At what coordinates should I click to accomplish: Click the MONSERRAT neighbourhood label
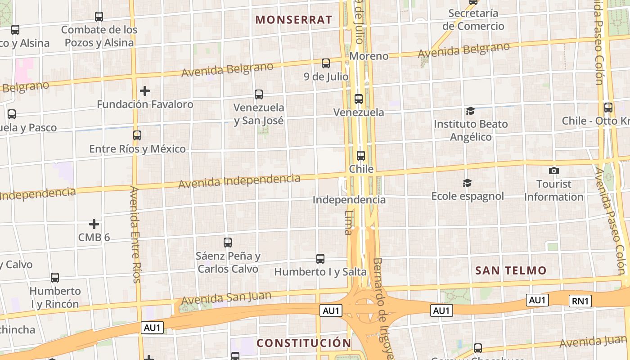click(293, 19)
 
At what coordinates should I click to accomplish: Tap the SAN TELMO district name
click(511, 270)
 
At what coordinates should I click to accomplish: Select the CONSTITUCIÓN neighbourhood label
click(304, 343)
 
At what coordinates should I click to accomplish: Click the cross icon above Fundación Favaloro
click(144, 91)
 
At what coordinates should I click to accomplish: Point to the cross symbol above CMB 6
click(94, 224)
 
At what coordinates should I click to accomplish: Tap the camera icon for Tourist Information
click(554, 171)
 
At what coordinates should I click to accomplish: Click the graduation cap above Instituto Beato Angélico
click(470, 111)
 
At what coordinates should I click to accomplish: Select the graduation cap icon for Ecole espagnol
click(468, 183)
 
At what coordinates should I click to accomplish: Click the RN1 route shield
click(580, 301)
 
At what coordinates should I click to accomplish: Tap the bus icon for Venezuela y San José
click(258, 94)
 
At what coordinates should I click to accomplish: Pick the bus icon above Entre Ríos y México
click(137, 135)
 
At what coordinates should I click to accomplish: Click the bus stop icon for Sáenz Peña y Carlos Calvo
click(228, 243)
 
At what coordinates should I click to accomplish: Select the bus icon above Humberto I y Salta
click(320, 259)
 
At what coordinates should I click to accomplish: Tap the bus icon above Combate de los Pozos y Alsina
click(99, 17)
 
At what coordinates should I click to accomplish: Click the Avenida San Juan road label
click(226, 298)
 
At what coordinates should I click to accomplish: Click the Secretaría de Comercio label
click(473, 20)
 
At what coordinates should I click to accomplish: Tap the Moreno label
click(369, 56)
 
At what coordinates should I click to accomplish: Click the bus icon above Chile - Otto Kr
click(608, 108)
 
